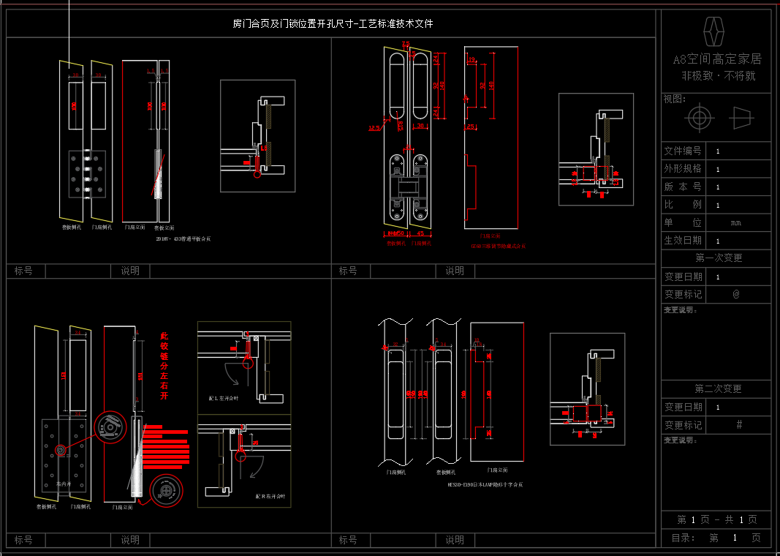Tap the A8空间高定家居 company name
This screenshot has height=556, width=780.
[x=717, y=59]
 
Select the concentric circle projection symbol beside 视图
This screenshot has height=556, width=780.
[x=699, y=118]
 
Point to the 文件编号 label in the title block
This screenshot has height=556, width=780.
[x=682, y=151]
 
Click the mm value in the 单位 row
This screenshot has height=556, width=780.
[x=736, y=222]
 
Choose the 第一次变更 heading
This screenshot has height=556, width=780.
[x=718, y=258]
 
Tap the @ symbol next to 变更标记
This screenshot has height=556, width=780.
[x=736, y=294]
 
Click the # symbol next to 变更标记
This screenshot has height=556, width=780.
[x=739, y=424]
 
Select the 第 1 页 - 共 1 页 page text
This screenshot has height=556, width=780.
[x=716, y=519]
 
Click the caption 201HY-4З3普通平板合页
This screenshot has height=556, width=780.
[x=183, y=239]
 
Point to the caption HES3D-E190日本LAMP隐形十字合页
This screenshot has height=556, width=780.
[x=485, y=484]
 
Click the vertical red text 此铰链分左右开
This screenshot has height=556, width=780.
[x=164, y=366]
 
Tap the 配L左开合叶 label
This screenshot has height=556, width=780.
[x=224, y=399]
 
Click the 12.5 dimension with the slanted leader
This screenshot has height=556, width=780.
[x=374, y=129]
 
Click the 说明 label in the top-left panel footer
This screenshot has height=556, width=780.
[x=130, y=271]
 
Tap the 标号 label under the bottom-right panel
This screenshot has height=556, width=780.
[x=348, y=540]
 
